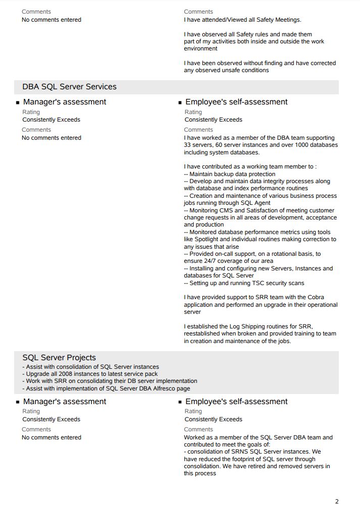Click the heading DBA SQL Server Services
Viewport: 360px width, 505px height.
point(69,87)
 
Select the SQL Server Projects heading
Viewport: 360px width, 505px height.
point(59,358)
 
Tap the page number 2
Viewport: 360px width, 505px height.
point(337,501)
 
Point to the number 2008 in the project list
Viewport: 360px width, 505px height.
point(63,374)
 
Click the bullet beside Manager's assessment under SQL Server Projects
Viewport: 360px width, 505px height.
point(18,402)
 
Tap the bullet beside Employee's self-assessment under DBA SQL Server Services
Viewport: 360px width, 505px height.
point(180,102)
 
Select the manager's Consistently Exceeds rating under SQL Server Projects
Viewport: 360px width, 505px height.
point(51,419)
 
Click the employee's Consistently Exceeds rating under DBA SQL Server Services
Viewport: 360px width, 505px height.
point(213,120)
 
